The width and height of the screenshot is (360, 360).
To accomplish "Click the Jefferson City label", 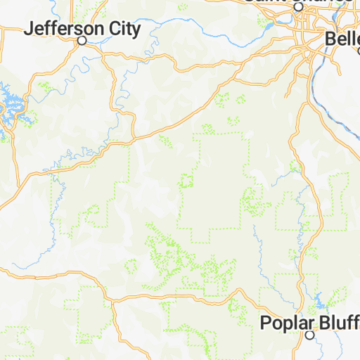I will coord(82,29).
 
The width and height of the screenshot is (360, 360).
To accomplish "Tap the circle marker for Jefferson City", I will coord(82,41).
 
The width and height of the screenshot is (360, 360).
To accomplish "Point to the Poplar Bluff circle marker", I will coord(309,335).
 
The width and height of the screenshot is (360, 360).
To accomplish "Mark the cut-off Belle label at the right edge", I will coord(343,39).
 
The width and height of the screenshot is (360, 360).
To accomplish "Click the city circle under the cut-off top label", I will coord(298,6).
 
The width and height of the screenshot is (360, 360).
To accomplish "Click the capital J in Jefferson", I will coord(29,29).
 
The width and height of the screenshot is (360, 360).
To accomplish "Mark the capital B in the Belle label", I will coord(331,39).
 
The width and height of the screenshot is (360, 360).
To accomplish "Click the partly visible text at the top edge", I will coord(298,1).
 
